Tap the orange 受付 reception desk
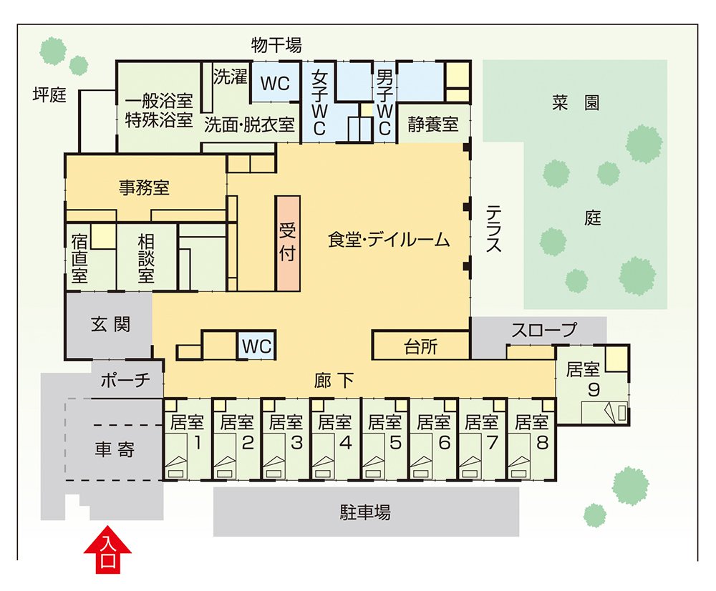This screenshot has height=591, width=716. pos(287,242)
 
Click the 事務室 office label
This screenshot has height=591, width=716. pos(144,188)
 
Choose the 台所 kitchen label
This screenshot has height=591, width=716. pos(420,348)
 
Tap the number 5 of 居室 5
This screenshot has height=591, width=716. pos(395,443)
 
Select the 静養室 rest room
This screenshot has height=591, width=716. pos(433,124)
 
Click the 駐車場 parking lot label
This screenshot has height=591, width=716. pos(365,512)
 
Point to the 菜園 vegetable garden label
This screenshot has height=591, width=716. pos(575,102)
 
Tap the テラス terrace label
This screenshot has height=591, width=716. pos(493,229)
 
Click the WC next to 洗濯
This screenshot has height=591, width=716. pos(275,84)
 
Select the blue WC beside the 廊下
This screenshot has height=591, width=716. pos(257,347)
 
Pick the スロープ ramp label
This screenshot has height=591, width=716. pos(543,331)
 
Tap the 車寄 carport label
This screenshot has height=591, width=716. pos(115,451)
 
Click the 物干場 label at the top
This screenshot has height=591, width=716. pos(276,45)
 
